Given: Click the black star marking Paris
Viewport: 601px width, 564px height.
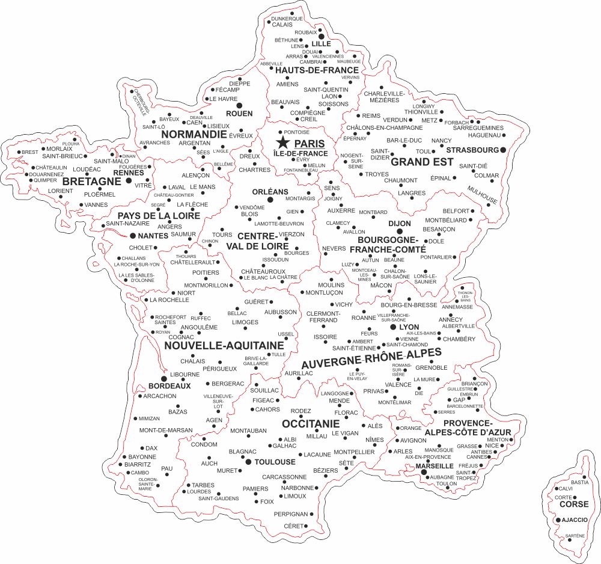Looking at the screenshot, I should click(282, 143).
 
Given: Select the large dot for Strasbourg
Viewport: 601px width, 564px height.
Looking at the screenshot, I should click(503, 149).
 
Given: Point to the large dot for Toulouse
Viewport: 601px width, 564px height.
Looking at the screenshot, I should click(248, 462).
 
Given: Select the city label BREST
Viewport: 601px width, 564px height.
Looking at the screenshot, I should click(29, 152).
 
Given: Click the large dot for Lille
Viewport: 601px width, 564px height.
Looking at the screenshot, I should click(313, 36).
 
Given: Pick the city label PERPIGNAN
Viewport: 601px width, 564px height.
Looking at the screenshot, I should click(290, 514).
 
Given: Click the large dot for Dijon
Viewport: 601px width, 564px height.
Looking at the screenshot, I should click(399, 231).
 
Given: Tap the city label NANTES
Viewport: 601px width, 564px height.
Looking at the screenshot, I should click(153, 236).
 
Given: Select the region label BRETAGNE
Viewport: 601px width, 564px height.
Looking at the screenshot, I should click(93, 181).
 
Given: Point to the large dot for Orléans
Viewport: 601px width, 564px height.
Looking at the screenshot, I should click(270, 199).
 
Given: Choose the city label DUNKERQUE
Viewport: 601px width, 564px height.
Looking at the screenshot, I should click(287, 19).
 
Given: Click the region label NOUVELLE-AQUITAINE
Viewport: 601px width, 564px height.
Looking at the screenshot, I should click(224, 346).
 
